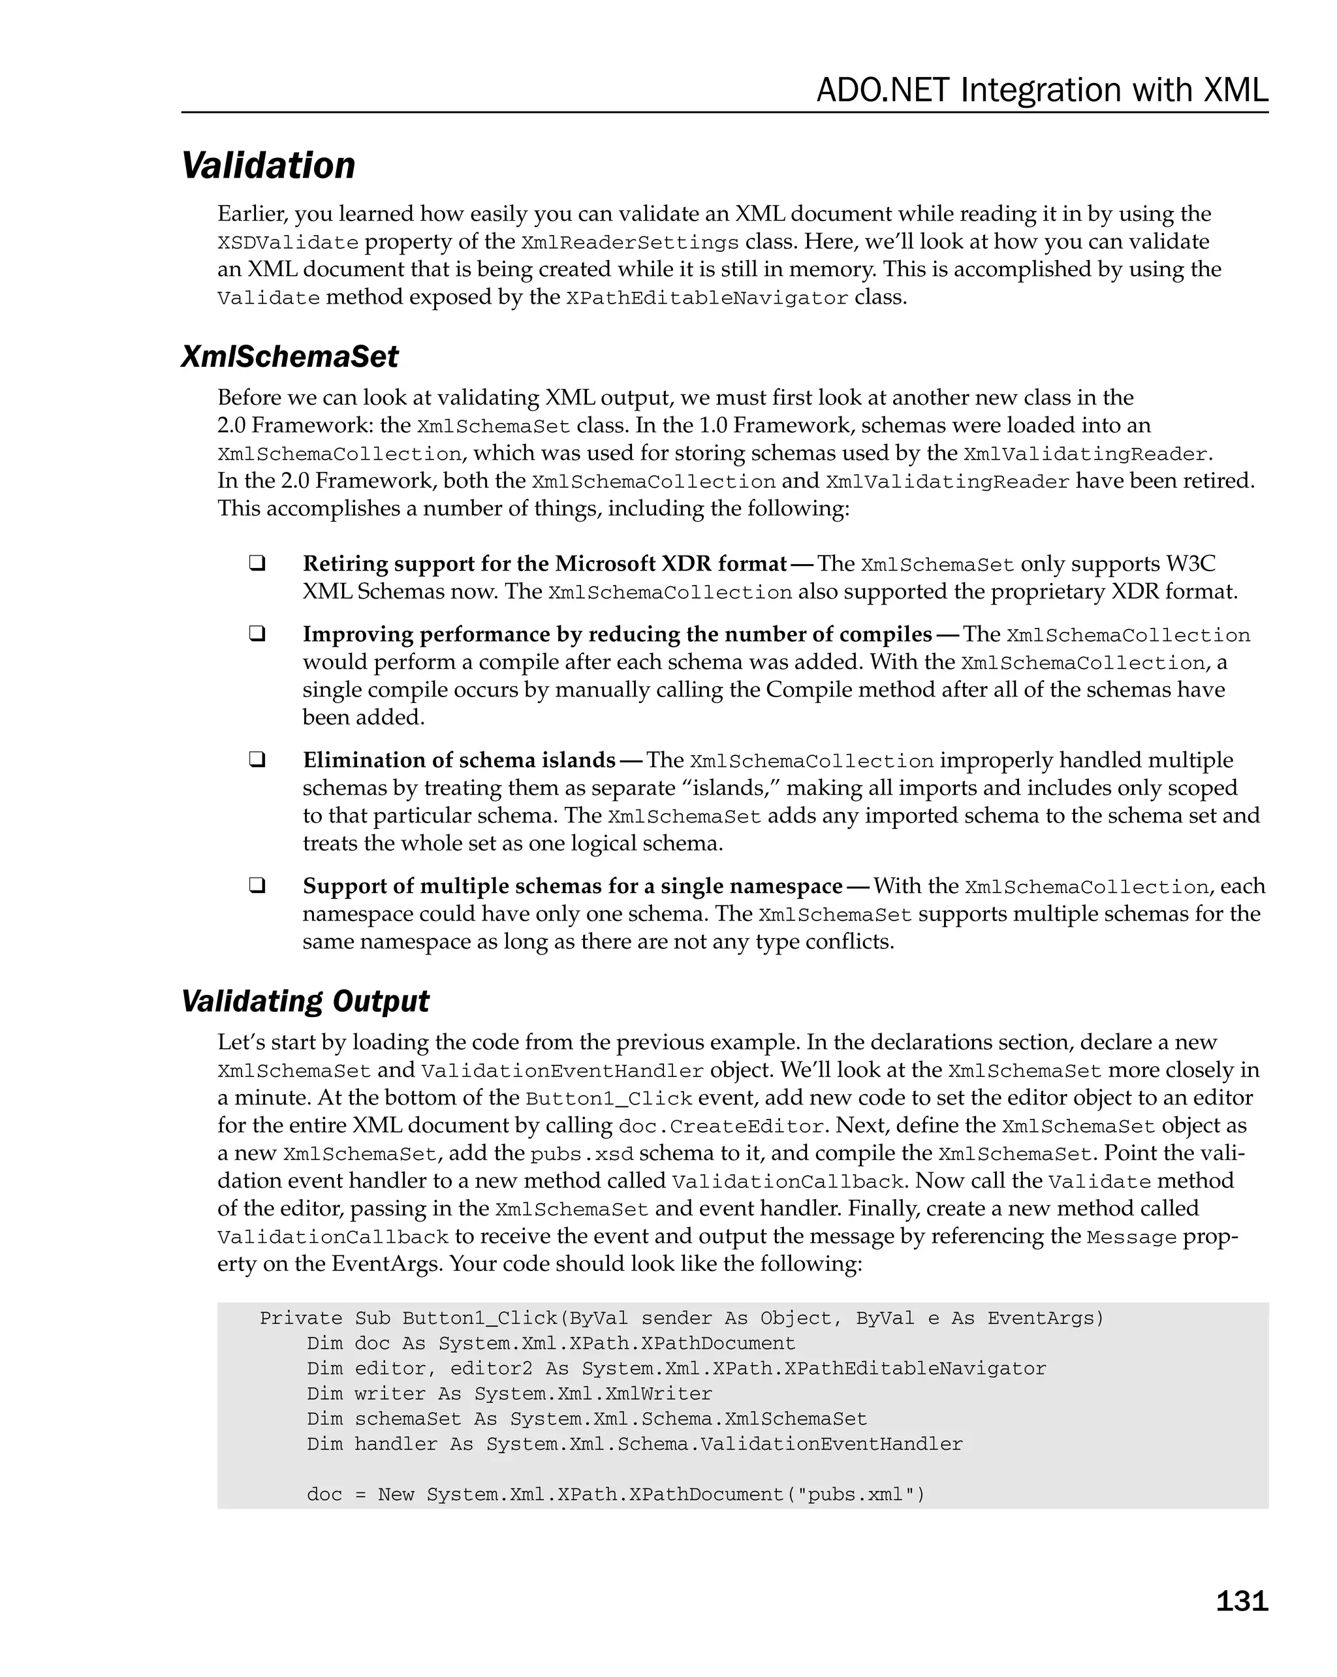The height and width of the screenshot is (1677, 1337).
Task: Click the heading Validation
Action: [268, 166]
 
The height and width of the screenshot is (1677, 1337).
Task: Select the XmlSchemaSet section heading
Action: [289, 357]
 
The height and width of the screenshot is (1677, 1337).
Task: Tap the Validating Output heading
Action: [305, 1001]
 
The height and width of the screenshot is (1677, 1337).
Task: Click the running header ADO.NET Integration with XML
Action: [1041, 90]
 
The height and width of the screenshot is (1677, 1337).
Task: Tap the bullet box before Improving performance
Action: [257, 633]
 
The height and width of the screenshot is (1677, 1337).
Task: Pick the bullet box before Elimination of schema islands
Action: [257, 759]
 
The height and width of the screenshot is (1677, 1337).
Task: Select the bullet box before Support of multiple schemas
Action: [257, 885]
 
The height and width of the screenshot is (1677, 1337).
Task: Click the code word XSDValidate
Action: [288, 243]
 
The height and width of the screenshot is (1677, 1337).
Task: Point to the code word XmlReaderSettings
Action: [629, 243]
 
